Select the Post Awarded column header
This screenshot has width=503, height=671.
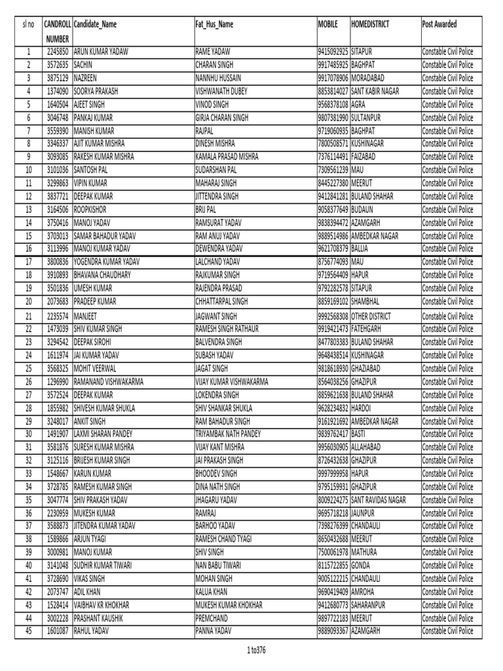[x=440, y=24]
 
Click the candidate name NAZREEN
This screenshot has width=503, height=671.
[x=86, y=78]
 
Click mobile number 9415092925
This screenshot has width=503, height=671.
[x=333, y=51]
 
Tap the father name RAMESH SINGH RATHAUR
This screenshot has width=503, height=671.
[x=228, y=328]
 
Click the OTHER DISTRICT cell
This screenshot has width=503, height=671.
[x=379, y=316]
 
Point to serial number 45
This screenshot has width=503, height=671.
[x=29, y=630]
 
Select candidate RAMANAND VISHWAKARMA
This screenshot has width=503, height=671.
[x=109, y=381]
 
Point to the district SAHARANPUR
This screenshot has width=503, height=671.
[x=371, y=604]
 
